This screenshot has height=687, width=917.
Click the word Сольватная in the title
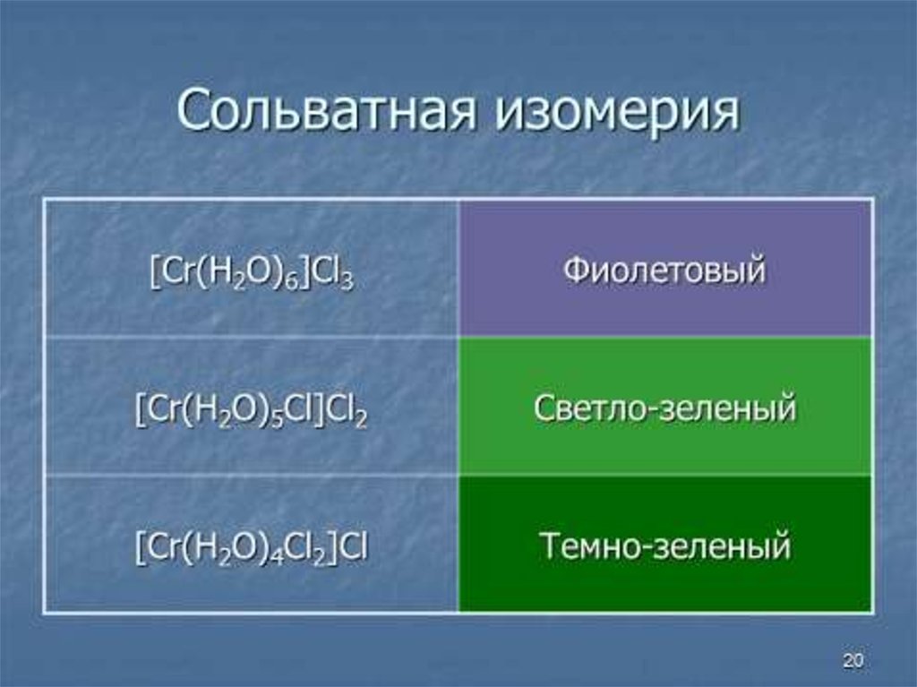pyautogui.click(x=326, y=109)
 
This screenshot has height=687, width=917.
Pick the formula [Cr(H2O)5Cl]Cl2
pyautogui.click(x=251, y=410)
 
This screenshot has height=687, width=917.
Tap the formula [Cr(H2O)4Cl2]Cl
pyautogui.click(x=252, y=548)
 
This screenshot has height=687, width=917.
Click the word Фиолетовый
pyautogui.click(x=664, y=271)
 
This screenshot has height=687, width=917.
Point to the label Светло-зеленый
pyautogui.click(x=664, y=408)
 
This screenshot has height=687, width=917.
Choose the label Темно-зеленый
pyautogui.click(x=664, y=545)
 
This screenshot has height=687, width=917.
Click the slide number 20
pyautogui.click(x=853, y=661)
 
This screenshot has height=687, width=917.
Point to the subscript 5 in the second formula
pyautogui.click(x=279, y=420)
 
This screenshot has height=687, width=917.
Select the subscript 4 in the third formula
pyautogui.click(x=279, y=558)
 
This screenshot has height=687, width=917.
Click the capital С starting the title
pyautogui.click(x=193, y=110)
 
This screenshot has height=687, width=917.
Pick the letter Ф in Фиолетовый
pyautogui.click(x=576, y=271)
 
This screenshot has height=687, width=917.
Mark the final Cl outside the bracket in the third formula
pyautogui.click(x=354, y=546)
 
